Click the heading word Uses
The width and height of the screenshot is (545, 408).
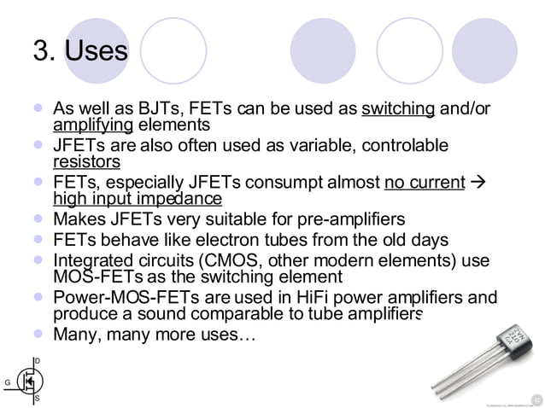(96, 51)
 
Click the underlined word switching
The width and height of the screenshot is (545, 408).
(399, 109)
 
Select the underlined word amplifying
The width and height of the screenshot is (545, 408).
(93, 125)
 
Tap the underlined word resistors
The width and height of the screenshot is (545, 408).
(86, 161)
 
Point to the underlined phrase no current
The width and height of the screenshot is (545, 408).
(425, 183)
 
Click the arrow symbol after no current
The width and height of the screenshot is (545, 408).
(478, 183)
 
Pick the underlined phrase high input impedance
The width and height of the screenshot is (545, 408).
(137, 199)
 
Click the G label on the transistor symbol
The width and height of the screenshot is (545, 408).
(7, 382)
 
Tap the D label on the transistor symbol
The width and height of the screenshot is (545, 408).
(37, 361)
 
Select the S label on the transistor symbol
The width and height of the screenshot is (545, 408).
(37, 399)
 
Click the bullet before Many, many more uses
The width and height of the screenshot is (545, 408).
(37, 334)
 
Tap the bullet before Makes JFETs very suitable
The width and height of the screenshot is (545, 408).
(37, 219)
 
